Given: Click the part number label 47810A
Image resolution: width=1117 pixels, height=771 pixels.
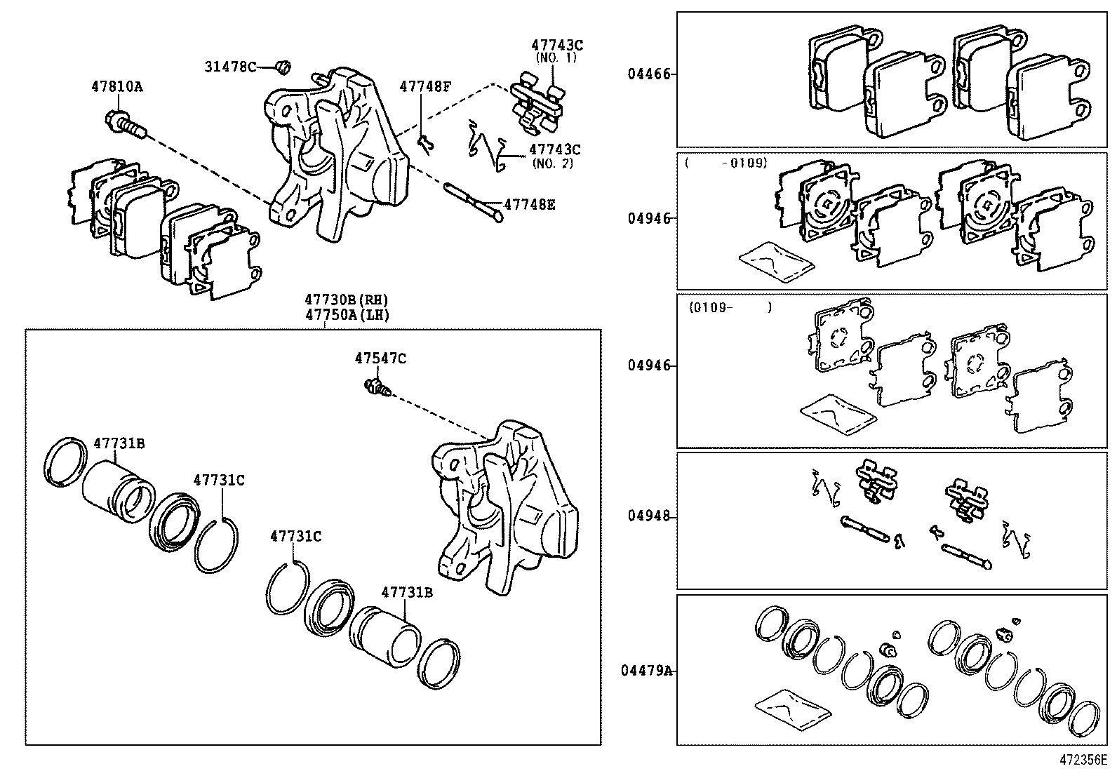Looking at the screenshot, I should coord(116,87).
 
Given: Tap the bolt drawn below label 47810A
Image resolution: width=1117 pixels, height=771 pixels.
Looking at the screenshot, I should coord(125,126).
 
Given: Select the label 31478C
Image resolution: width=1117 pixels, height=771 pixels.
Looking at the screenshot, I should coord(229,67).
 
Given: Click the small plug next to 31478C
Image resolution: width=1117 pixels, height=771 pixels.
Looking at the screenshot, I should coord(283,67).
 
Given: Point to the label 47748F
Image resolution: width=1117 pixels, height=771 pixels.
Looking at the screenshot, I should coord(425,87).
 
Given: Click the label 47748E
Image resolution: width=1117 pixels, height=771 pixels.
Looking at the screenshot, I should coord(530,205).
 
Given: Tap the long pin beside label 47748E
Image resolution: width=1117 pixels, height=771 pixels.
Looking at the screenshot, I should coord(474,202).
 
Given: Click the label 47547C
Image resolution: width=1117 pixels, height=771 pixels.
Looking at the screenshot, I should coord(380,358).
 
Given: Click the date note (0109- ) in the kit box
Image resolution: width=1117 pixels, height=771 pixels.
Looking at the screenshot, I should coord(730,307).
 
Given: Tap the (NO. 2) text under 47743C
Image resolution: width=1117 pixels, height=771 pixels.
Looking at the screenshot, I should coord(553,163).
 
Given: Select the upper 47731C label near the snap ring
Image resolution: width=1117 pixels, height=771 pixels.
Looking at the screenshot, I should coord(219,480).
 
